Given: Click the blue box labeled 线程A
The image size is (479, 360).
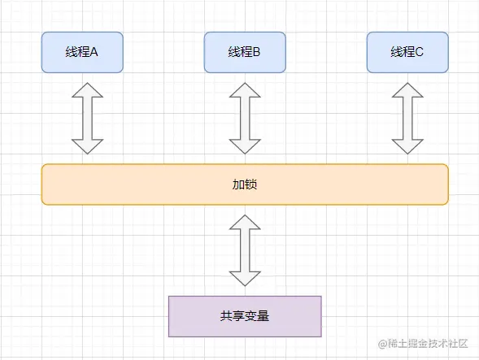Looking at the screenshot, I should click(x=81, y=52).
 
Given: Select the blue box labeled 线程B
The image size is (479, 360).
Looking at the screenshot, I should click(x=244, y=52).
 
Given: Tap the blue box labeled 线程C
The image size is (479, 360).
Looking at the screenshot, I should click(x=407, y=52).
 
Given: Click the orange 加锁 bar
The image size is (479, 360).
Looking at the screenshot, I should click(x=244, y=184).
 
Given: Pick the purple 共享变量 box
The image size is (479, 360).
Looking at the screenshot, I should click(x=244, y=316).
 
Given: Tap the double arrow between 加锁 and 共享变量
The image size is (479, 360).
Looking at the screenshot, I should click(x=244, y=250).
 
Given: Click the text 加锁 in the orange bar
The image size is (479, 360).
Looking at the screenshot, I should click(x=244, y=184).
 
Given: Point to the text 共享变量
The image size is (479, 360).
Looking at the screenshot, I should click(x=244, y=316).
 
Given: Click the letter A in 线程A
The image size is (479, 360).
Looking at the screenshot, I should click(x=94, y=53).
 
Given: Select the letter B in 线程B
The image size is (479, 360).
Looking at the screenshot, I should click(x=256, y=53).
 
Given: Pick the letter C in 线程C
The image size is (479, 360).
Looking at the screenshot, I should click(x=420, y=53).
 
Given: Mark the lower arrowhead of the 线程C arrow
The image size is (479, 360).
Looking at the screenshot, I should click(x=407, y=145).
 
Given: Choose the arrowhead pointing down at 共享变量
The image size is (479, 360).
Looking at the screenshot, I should click(x=244, y=277).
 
